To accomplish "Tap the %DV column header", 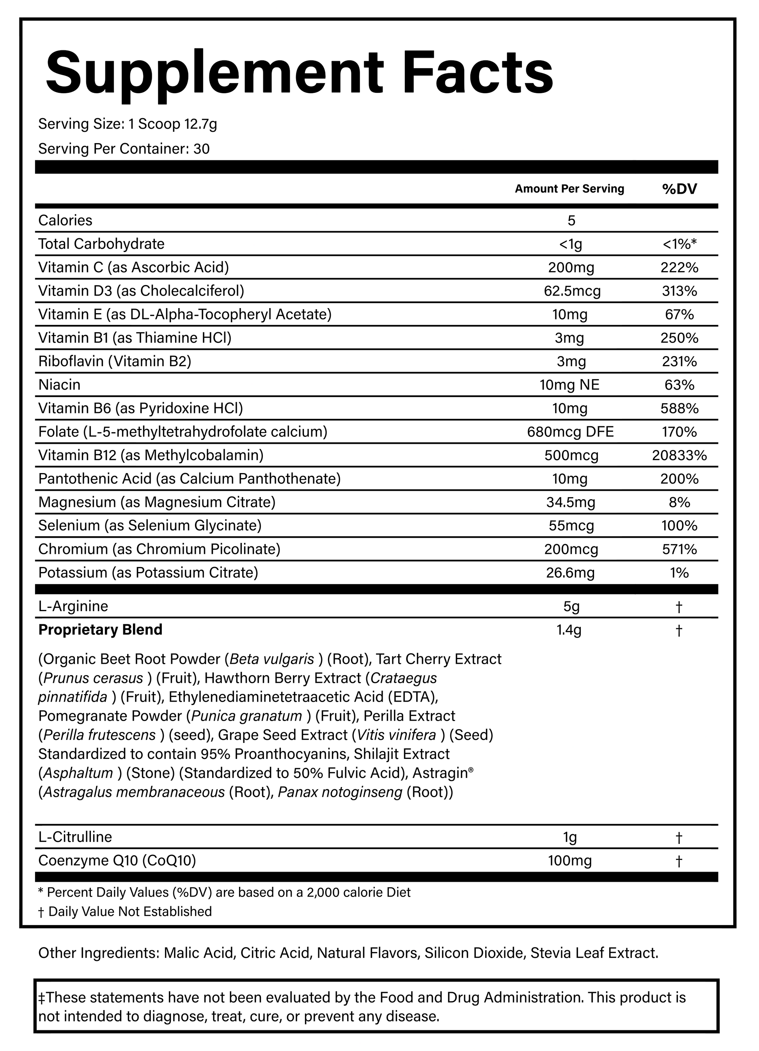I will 679,189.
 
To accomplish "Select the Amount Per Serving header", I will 569,189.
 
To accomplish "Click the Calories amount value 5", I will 571,221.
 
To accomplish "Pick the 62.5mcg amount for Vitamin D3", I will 572,291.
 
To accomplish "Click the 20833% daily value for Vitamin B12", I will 679,455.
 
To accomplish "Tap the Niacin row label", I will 59,385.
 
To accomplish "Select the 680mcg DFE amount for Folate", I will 570,432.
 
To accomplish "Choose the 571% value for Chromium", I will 679,549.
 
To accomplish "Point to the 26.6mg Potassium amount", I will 570,573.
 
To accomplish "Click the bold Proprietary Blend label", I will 101,630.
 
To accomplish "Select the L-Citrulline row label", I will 75,837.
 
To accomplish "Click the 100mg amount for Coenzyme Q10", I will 570,861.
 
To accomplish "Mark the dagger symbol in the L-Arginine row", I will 679,606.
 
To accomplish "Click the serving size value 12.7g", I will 200,124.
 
